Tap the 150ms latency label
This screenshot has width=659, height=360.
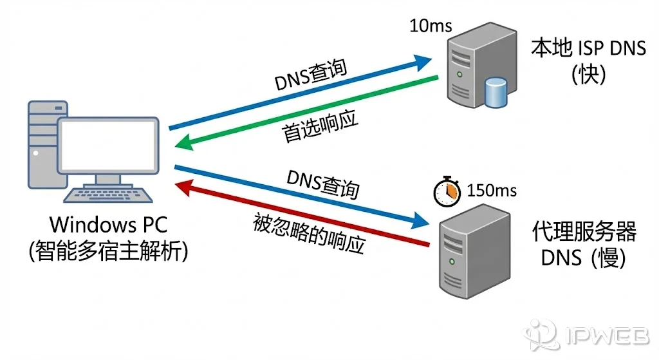pyautogui.click(x=492, y=191)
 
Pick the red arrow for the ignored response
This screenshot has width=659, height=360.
pyautogui.click(x=302, y=214)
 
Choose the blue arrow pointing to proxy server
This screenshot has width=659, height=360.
pyautogui.click(x=296, y=196)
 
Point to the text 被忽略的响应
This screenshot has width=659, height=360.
pyautogui.click(x=310, y=233)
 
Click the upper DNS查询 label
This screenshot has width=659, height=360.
pyautogui.click(x=311, y=77)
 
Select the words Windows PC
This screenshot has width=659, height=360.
pyautogui.click(x=109, y=225)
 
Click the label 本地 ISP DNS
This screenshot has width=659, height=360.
pyautogui.click(x=588, y=48)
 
